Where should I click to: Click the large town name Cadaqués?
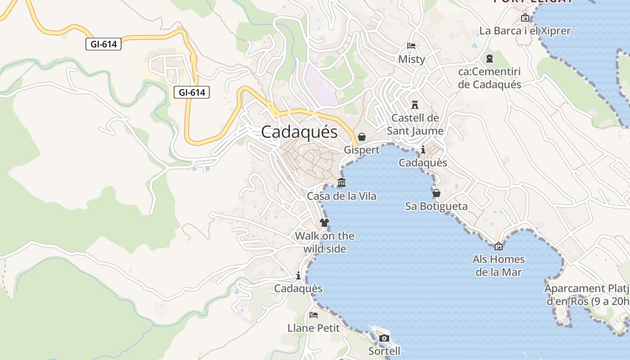tap(299, 132)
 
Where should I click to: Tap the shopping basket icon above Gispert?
tap(362, 137)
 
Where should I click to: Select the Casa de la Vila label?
tap(342, 196)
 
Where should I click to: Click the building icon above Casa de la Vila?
tap(342, 183)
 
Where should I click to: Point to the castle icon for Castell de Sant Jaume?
tap(415, 105)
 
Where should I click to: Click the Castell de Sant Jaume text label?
tap(415, 124)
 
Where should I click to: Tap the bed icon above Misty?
tap(411, 45)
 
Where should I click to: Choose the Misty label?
tap(411, 59)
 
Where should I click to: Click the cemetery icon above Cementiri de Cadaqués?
tap(489, 58)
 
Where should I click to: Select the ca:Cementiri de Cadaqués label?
tap(489, 78)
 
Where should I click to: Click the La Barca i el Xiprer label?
tap(525, 31)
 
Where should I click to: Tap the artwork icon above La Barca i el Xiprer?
tap(525, 18)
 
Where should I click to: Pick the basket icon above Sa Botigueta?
tap(436, 193)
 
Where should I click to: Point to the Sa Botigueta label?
tap(436, 206)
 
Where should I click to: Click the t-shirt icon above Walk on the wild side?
tap(324, 222)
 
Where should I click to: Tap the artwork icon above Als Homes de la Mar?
tap(499, 246)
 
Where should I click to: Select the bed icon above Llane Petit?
tap(314, 315)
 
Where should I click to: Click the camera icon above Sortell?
tap(384, 338)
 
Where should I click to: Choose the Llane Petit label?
tap(314, 328)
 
